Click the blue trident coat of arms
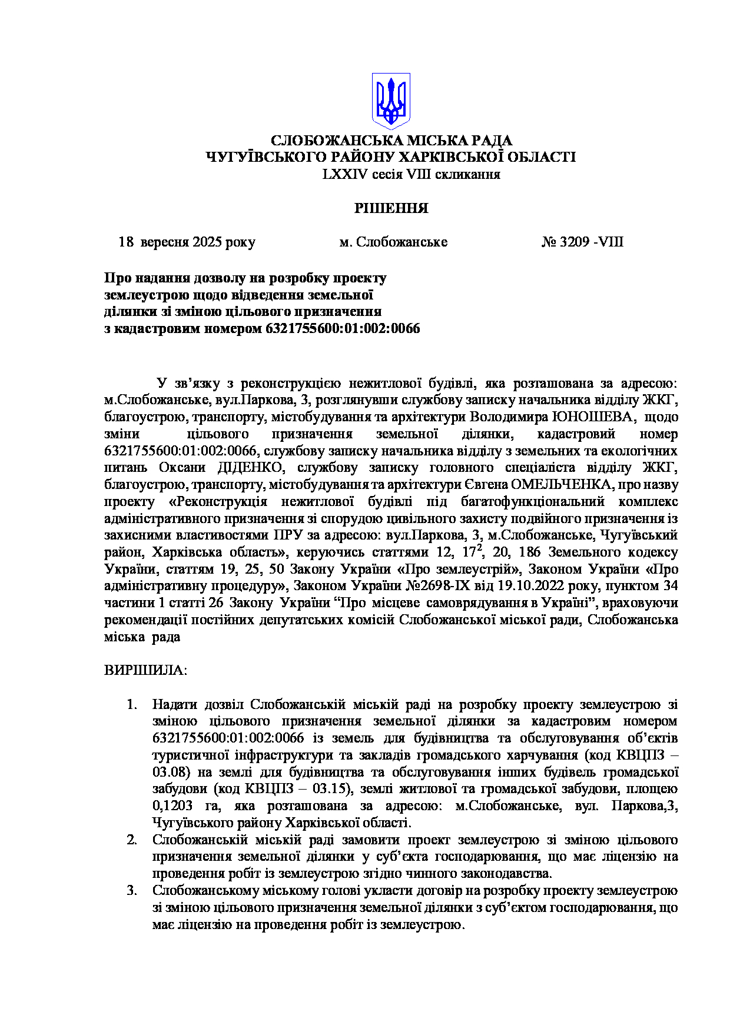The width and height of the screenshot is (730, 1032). tap(391, 101)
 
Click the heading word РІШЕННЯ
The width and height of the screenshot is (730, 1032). tap(391, 208)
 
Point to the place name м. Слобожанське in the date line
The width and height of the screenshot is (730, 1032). tap(393, 242)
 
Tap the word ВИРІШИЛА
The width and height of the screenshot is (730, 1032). tap(145, 671)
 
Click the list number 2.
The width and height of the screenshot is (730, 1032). tap(132, 840)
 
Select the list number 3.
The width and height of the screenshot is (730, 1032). tap(132, 890)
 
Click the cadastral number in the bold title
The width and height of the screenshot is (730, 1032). tap(343, 328)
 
